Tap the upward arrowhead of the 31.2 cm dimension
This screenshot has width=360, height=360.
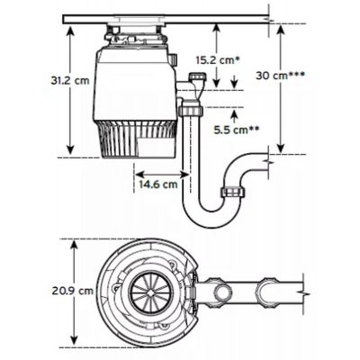click(70, 30)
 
